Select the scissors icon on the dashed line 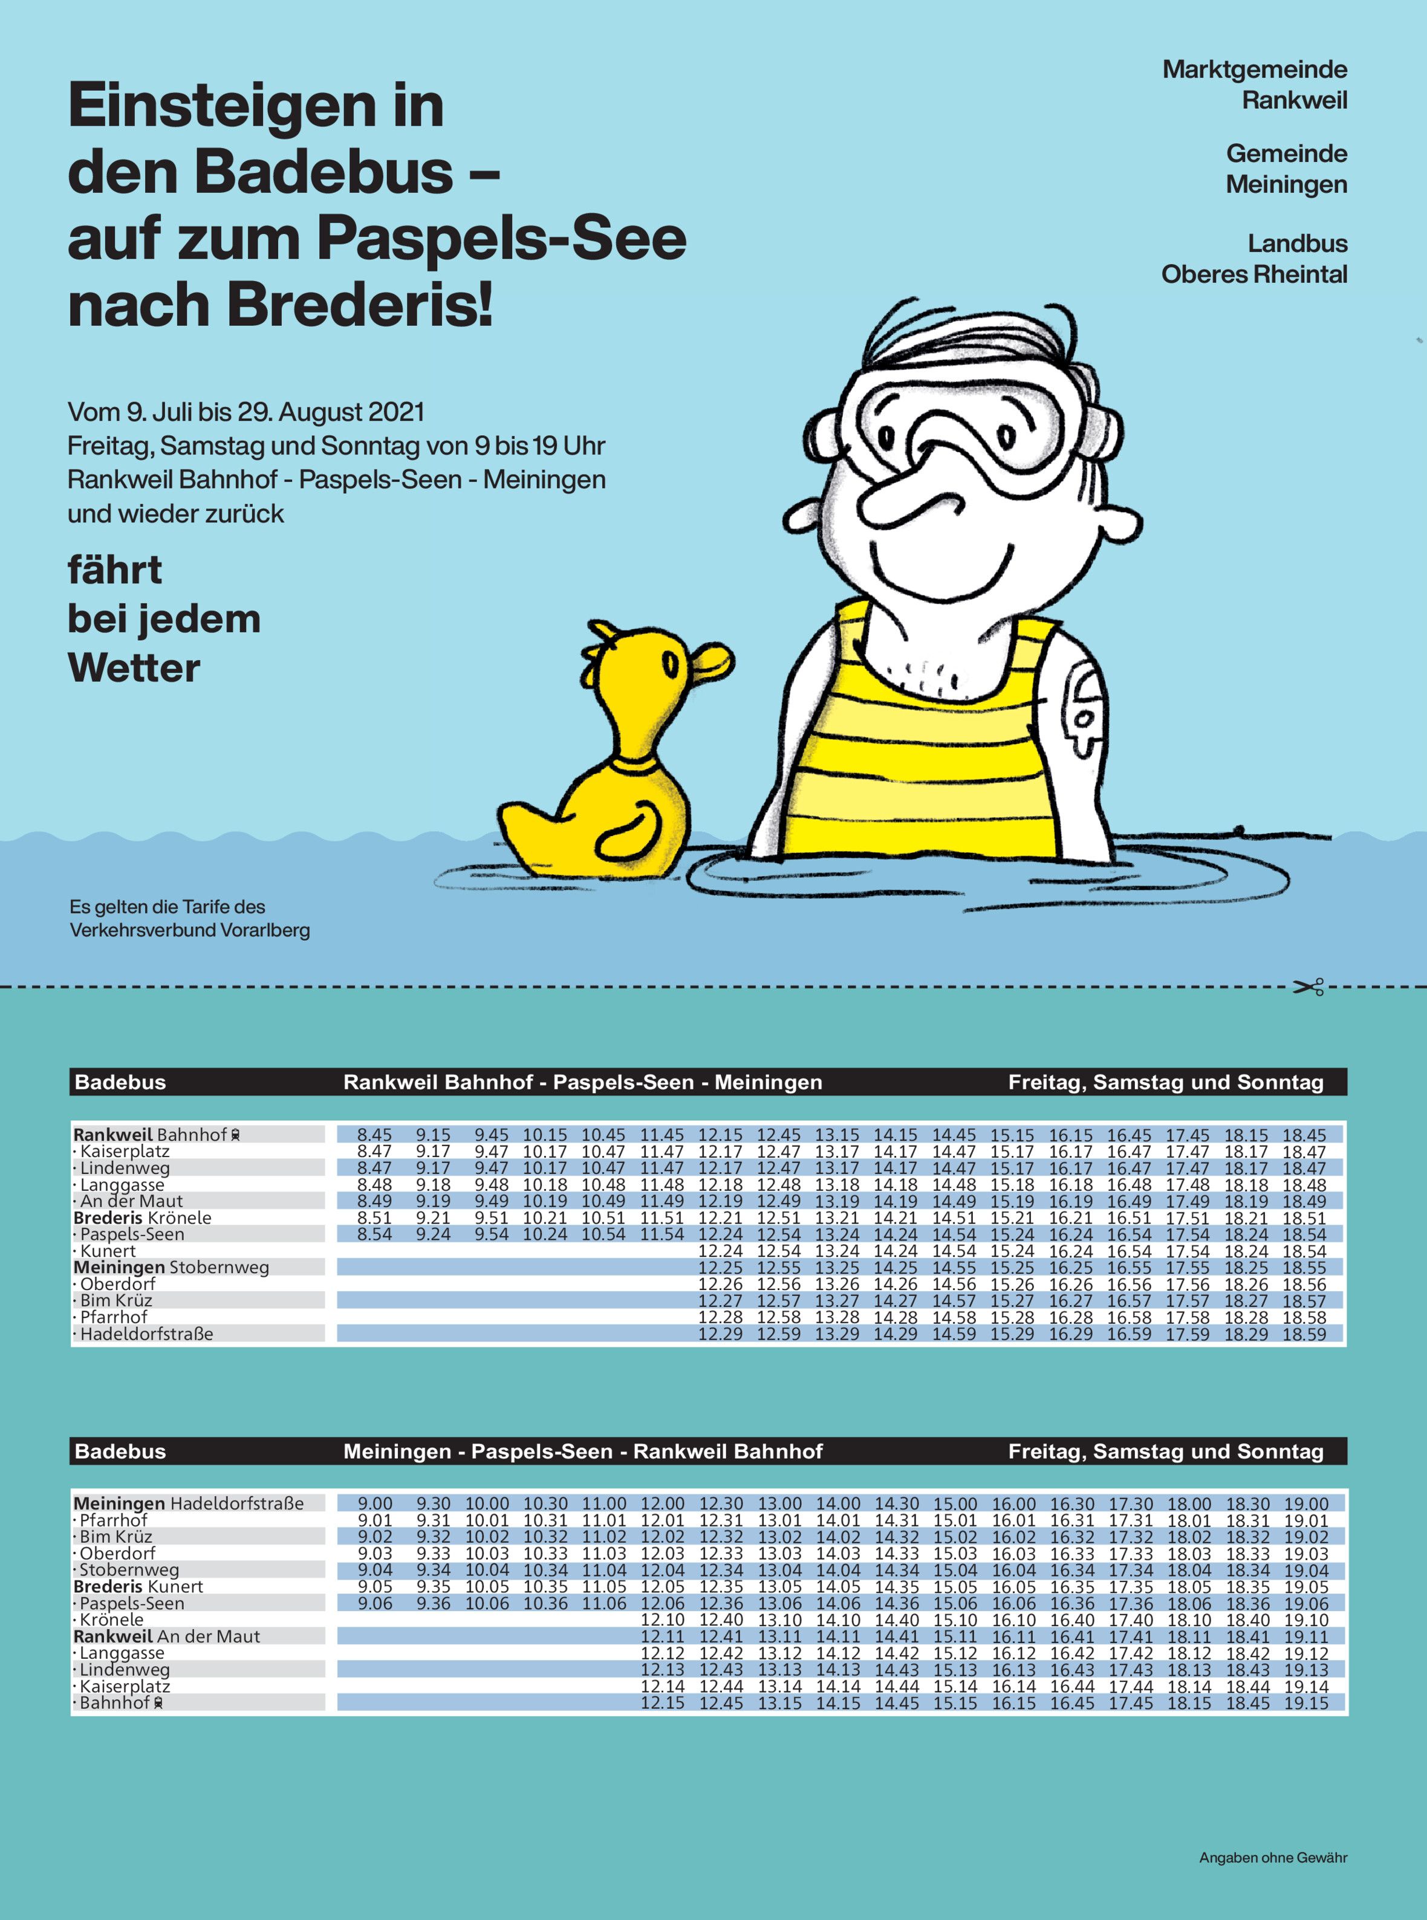point(1308,987)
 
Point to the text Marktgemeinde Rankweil point(1254,85)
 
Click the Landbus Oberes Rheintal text point(1254,259)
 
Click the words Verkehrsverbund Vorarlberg point(190,931)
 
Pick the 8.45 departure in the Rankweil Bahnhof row point(374,1135)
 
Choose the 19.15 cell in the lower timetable point(1306,1703)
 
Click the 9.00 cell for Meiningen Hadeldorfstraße point(375,1503)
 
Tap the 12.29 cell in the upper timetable point(720,1334)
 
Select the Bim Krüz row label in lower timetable point(115,1537)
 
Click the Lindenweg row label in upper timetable point(125,1169)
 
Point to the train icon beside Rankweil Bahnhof point(236,1135)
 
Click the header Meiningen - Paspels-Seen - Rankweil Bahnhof point(583,1452)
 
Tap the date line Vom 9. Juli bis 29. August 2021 point(246,412)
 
